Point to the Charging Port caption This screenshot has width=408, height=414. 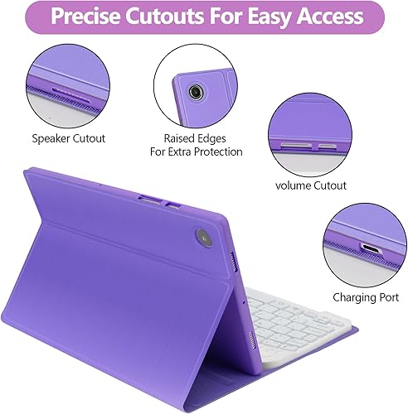366,296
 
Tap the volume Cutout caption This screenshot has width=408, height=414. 311,185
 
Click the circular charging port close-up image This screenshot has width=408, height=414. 365,244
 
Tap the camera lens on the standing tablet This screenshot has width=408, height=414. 203,238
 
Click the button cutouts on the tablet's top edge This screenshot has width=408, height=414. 163,200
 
